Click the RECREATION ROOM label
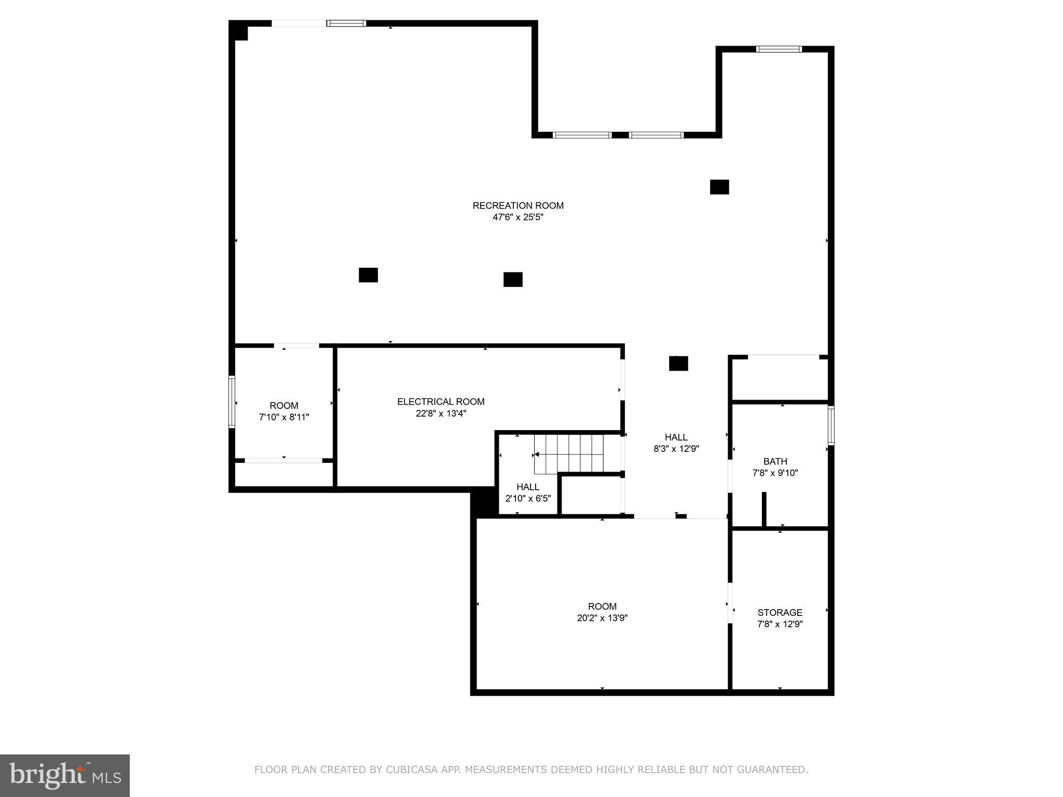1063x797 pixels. coord(517,205)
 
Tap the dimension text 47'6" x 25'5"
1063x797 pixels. coord(517,217)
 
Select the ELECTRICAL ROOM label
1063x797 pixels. coord(441,402)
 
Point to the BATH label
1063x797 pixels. coord(775,461)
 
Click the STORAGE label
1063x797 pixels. coord(780,612)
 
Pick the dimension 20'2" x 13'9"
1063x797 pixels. coord(602,618)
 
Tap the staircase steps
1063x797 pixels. coord(570,454)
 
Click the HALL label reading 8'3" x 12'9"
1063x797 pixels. coord(676,437)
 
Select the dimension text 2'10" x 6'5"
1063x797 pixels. coord(528,498)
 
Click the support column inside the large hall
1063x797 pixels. coord(678,363)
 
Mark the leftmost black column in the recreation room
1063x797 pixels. coord(368,275)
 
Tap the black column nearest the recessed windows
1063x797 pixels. coord(719,187)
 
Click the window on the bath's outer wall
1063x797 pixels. coord(830,425)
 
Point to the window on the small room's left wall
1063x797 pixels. coord(232,402)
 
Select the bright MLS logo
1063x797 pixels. coord(64,775)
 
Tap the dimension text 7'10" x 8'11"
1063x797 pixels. coord(284,417)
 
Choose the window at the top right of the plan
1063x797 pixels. coord(779,49)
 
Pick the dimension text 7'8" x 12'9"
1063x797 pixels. coord(780,624)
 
